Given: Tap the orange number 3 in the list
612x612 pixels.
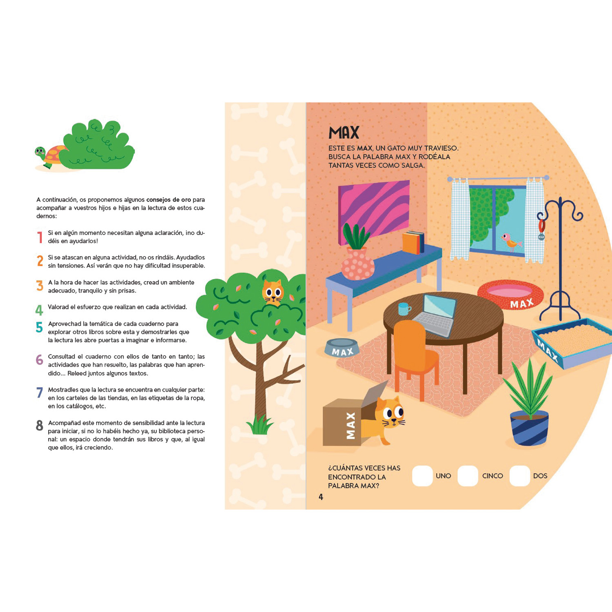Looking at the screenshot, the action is pyautogui.click(x=40, y=286).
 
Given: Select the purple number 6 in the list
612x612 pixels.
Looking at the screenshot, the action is pyautogui.click(x=39, y=359).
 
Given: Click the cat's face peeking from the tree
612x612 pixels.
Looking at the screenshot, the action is pyautogui.click(x=273, y=292).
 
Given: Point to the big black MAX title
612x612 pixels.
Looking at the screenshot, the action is pyautogui.click(x=344, y=133).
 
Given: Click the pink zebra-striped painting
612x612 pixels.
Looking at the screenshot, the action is pyautogui.click(x=374, y=212).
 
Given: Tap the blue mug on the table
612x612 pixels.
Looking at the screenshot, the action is pyautogui.click(x=404, y=309).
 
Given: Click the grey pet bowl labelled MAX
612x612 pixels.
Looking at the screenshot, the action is pyautogui.click(x=342, y=348).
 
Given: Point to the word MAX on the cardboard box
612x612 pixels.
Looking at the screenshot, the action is pyautogui.click(x=350, y=426).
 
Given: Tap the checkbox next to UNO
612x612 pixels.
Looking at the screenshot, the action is pyautogui.click(x=422, y=476).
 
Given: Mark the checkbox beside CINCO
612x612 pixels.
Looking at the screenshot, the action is pyautogui.click(x=468, y=476).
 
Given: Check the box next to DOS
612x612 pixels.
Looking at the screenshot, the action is pyautogui.click(x=520, y=476).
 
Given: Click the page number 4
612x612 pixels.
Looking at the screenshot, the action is pyautogui.click(x=321, y=497).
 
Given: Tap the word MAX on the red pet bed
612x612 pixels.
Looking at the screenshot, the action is pyautogui.click(x=522, y=304).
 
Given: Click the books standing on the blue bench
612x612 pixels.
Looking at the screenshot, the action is pyautogui.click(x=413, y=242).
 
